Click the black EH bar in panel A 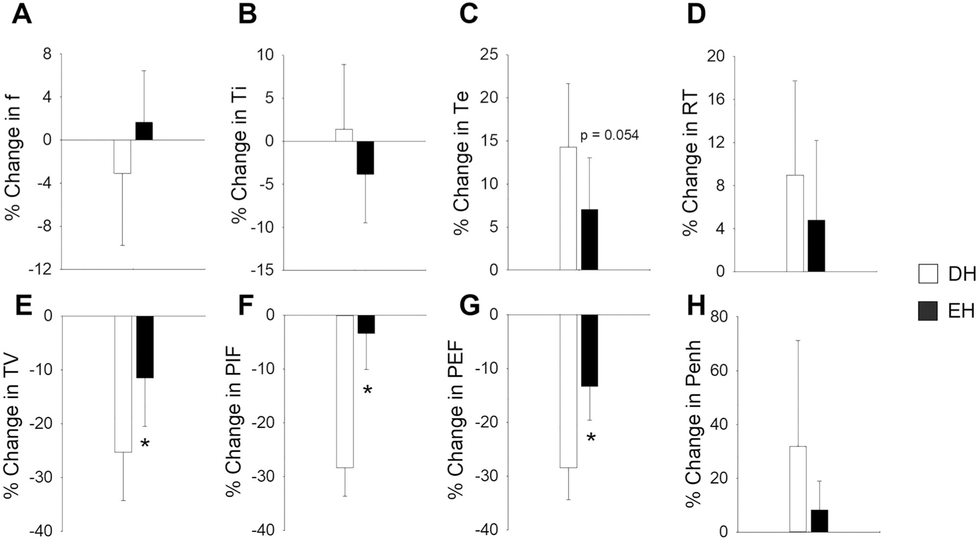(x=144, y=131)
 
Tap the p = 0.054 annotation (x=609, y=135)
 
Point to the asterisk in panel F (x=368, y=391)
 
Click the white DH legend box (x=928, y=274)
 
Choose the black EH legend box (x=928, y=311)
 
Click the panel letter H (x=696, y=306)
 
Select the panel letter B (x=247, y=15)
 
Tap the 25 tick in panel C (x=489, y=55)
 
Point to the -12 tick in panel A (x=42, y=269)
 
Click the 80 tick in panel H (x=716, y=317)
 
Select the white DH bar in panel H (x=797, y=489)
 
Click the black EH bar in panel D (x=816, y=246)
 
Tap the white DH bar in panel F (x=345, y=391)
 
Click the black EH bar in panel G (x=590, y=351)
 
